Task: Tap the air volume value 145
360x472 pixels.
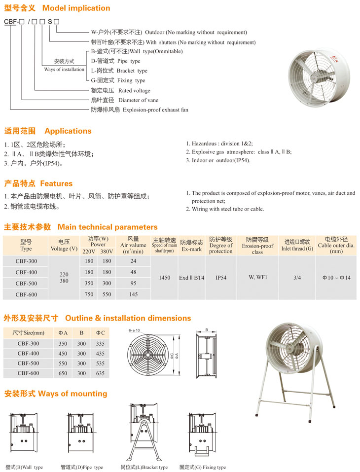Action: (x=133, y=294)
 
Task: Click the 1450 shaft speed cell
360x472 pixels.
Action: (x=165, y=278)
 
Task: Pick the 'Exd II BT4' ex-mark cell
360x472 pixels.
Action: (x=191, y=278)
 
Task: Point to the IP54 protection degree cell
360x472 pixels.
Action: (x=220, y=278)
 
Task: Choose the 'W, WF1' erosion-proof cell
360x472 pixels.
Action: (x=257, y=277)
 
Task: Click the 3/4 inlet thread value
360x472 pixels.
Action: (x=297, y=278)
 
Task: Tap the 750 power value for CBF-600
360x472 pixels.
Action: (x=89, y=294)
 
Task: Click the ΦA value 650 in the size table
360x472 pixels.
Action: (x=63, y=373)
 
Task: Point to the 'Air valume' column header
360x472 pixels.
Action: (x=133, y=245)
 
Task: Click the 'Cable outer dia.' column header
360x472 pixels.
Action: (x=336, y=245)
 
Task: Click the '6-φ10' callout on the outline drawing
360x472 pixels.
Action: (x=134, y=330)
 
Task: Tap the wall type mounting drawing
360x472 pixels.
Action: (x=23, y=432)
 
